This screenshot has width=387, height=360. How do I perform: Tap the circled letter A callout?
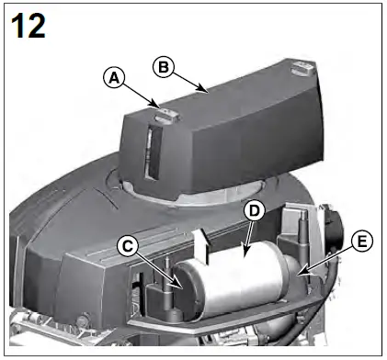tap(113, 78)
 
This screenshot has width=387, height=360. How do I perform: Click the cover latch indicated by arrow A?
tap(163, 115)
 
